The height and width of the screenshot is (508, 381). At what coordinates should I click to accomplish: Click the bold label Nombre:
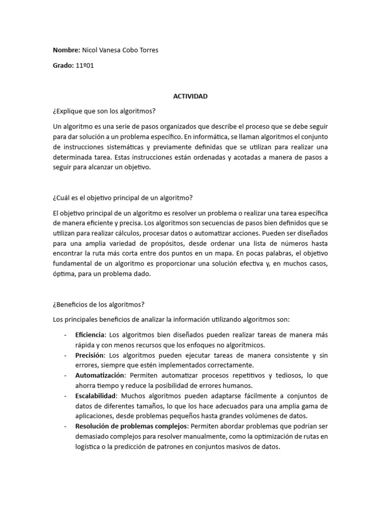[66, 50]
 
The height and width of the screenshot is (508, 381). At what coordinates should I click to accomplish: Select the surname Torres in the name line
[147, 50]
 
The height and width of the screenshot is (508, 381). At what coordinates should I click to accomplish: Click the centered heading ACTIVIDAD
[190, 96]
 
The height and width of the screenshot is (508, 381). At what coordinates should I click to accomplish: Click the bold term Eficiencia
[90, 335]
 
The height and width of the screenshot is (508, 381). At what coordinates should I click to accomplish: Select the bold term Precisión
[89, 355]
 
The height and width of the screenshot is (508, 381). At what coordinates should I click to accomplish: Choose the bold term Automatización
[98, 376]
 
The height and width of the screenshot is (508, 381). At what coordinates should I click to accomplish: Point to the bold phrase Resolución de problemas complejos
[132, 426]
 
